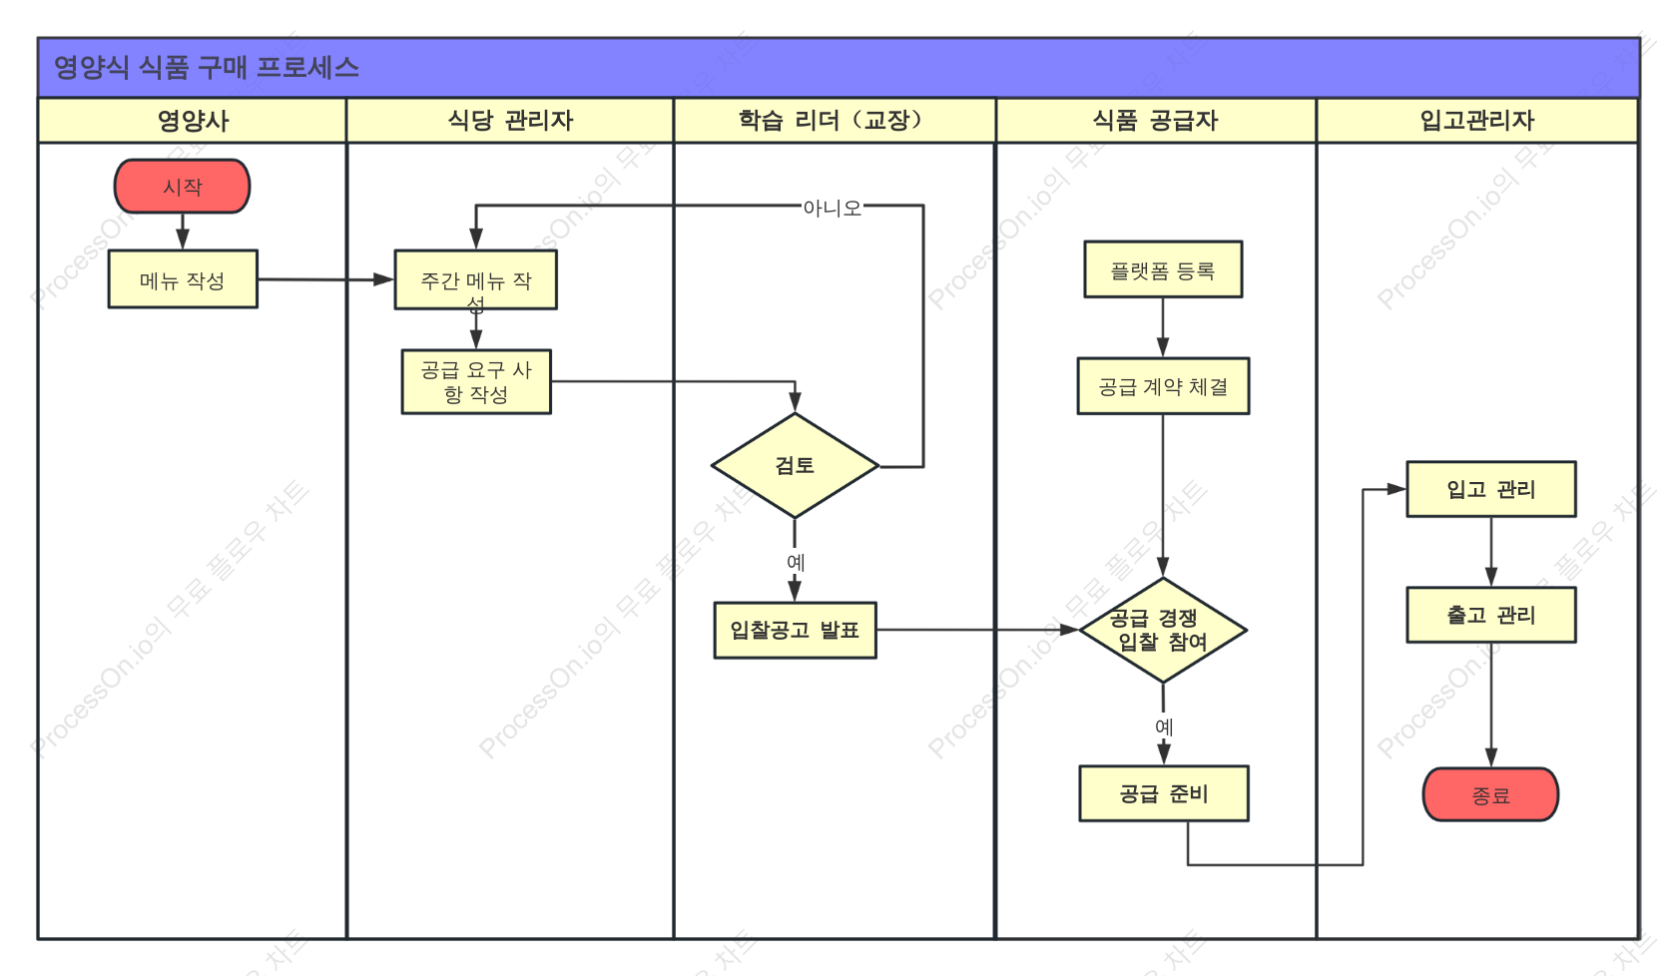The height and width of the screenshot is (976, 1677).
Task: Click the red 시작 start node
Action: tap(182, 187)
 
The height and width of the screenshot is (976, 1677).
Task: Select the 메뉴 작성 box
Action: tap(183, 279)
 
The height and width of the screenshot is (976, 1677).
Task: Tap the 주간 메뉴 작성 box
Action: tap(476, 279)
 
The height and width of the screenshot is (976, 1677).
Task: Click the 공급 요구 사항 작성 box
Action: tap(476, 381)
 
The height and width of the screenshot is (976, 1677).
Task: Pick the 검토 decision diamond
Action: tap(795, 465)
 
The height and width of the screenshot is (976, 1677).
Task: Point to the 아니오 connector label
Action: tap(832, 208)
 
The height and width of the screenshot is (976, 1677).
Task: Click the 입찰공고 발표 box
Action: tap(795, 631)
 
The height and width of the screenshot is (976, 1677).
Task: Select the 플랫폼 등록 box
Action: tap(1163, 269)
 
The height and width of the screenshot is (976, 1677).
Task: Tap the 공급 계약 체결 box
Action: tap(1163, 386)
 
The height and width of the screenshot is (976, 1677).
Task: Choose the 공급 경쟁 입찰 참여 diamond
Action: tap(1163, 631)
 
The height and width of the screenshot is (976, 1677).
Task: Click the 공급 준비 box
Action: tap(1164, 793)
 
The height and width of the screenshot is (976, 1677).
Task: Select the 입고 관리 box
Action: tap(1490, 489)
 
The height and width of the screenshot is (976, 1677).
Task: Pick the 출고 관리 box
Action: tap(1490, 615)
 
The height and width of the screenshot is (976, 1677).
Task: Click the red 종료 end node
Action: tap(1489, 794)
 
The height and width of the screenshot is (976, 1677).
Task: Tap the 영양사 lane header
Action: tap(193, 121)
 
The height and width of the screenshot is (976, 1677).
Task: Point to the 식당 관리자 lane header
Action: tap(510, 121)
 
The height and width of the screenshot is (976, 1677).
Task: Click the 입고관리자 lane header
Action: tap(1477, 121)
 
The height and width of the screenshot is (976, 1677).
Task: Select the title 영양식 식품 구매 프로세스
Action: tap(207, 68)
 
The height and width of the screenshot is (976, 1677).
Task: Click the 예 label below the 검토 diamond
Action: tap(795, 562)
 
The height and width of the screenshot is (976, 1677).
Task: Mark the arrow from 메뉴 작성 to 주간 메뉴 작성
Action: tap(325, 279)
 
